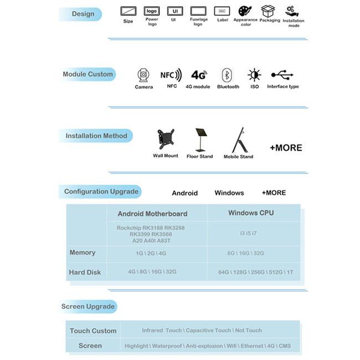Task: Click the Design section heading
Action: click(x=83, y=14)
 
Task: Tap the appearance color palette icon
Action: click(x=245, y=11)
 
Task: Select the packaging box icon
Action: click(x=268, y=11)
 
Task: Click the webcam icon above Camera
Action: click(x=143, y=75)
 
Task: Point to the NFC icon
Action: click(x=171, y=75)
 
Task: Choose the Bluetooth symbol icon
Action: click(x=227, y=75)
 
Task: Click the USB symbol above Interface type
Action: click(x=282, y=74)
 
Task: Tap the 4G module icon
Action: click(x=199, y=75)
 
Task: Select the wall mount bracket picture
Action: click(x=165, y=140)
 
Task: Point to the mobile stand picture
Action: click(x=239, y=140)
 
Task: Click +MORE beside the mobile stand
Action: click(x=286, y=148)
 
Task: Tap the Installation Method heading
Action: click(x=96, y=136)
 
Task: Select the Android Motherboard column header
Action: click(x=152, y=214)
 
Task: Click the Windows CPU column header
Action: click(x=251, y=213)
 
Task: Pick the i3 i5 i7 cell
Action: click(x=248, y=233)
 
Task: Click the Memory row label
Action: click(x=83, y=253)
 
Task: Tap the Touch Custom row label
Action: click(x=93, y=331)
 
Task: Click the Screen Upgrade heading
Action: click(x=88, y=306)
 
